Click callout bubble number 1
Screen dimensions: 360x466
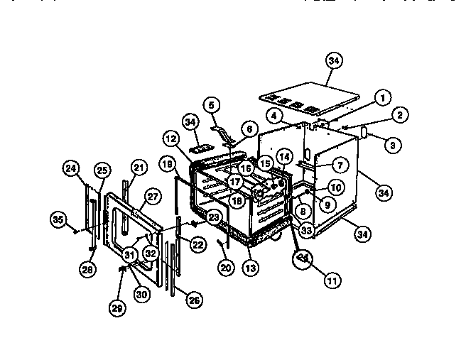coord(382,98)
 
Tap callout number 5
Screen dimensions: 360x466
coord(211,104)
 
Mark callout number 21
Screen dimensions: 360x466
coord(139,168)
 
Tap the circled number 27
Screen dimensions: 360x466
coord(153,197)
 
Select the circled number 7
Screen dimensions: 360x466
coord(340,165)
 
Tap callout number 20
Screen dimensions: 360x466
coord(226,268)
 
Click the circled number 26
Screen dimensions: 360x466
coord(194,300)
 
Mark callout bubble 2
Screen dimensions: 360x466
coord(400,114)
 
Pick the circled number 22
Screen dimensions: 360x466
coord(199,244)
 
